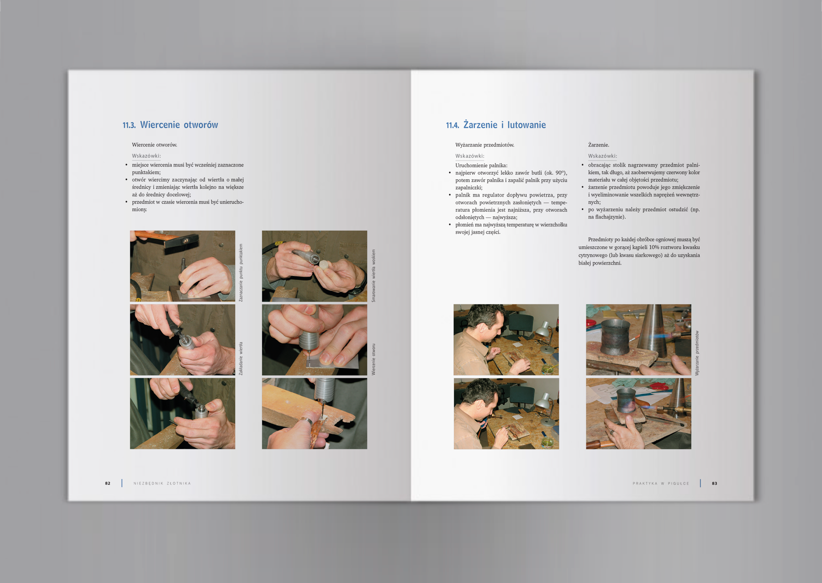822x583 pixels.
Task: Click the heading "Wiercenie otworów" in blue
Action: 179,125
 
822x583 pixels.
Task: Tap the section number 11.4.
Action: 452,125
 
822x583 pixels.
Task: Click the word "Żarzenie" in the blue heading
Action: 480,125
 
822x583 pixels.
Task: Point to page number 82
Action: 108,483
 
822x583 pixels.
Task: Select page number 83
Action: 715,483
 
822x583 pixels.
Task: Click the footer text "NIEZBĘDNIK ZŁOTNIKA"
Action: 162,483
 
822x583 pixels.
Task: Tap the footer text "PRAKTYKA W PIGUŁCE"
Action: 661,483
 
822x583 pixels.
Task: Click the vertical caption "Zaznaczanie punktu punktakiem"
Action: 241,272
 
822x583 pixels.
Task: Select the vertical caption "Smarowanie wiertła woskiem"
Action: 374,276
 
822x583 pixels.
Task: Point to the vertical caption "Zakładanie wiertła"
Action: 241,359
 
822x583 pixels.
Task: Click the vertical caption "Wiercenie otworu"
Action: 374,359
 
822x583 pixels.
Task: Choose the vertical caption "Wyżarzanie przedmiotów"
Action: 697,353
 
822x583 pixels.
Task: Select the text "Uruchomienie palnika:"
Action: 481,166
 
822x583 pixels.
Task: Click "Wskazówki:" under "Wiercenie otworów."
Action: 147,156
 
